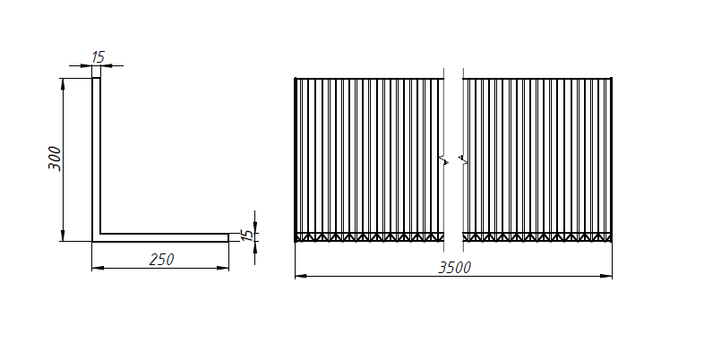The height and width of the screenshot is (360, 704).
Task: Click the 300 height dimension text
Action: tap(55, 158)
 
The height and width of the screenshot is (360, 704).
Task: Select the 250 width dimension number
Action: tap(161, 260)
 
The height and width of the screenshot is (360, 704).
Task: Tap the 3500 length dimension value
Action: tap(455, 268)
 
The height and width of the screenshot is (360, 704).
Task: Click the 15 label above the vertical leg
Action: tap(98, 57)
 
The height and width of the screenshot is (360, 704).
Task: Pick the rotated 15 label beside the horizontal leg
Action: tap(247, 236)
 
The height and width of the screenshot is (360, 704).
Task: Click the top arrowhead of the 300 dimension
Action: tap(63, 84)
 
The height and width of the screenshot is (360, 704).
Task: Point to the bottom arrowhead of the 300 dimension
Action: tap(63, 236)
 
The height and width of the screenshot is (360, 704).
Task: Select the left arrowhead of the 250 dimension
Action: tap(98, 268)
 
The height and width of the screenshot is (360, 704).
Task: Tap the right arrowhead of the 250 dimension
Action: tap(223, 268)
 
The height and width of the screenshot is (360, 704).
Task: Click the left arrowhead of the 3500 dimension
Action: tap(301, 276)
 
